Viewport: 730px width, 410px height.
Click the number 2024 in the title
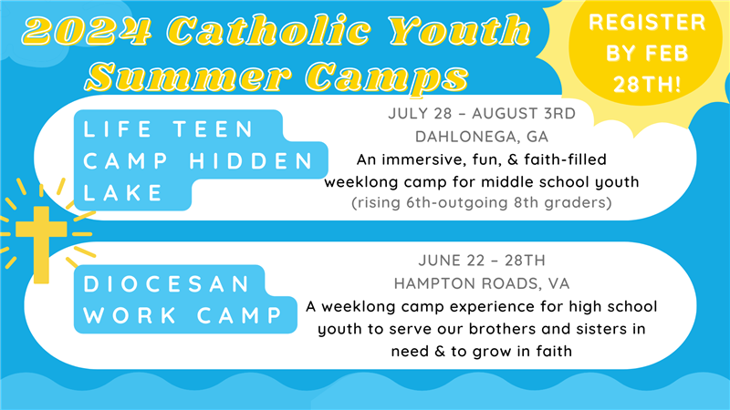tap(88, 31)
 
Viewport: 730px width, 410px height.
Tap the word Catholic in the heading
tap(269, 30)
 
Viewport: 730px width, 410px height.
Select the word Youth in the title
tap(460, 30)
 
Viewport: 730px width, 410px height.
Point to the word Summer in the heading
tap(189, 76)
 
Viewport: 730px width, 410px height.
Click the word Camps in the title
tap(387, 77)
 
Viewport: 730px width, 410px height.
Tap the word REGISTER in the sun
tap(647, 22)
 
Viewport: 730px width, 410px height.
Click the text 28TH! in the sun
tap(647, 85)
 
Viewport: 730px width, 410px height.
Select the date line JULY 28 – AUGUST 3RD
tap(482, 113)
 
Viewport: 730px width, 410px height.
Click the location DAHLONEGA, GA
tap(482, 137)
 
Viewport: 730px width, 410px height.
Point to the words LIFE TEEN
tap(169, 129)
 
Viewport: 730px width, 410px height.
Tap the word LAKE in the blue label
tap(123, 193)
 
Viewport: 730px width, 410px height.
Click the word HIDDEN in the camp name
tap(252, 161)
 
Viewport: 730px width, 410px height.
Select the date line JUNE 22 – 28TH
tap(482, 261)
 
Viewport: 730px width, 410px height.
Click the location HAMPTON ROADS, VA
tap(482, 283)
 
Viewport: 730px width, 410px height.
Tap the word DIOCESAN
tap(166, 284)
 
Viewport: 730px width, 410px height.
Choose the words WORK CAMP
tap(183, 315)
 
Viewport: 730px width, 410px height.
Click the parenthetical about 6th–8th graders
tap(482, 202)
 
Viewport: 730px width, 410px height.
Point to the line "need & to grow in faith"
tap(482, 351)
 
